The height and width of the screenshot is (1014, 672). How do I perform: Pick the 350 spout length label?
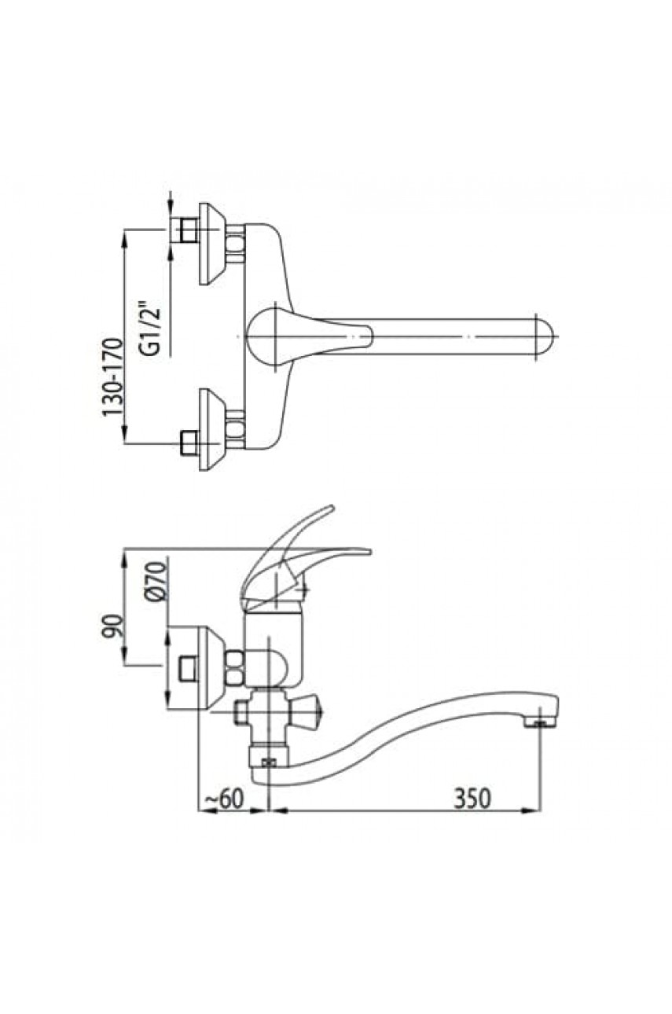coord(473,798)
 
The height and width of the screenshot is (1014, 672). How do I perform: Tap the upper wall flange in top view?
coord(209,244)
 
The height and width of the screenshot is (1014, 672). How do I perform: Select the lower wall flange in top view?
coord(209,429)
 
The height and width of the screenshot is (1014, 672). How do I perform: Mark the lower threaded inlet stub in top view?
coord(187,443)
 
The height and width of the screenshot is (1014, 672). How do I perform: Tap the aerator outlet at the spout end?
coord(538,722)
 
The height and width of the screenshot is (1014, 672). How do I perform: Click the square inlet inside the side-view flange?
coord(188,667)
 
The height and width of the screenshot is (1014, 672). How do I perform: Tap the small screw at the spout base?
coord(270,761)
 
